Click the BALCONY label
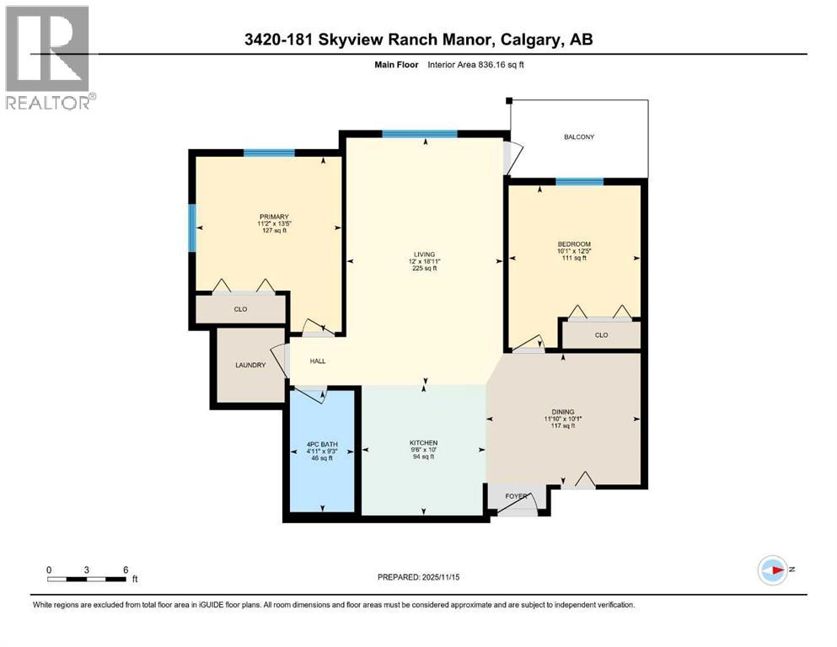click(x=579, y=136)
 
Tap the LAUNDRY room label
click(x=250, y=365)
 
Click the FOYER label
click(x=516, y=496)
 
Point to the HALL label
click(x=317, y=361)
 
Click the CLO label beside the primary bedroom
click(x=240, y=309)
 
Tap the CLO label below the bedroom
click(x=601, y=334)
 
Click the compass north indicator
click(x=773, y=570)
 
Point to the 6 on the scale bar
click(x=125, y=569)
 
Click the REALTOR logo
click(x=48, y=57)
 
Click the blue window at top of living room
click(x=419, y=133)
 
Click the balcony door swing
click(x=512, y=157)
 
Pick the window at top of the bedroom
click(x=579, y=182)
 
